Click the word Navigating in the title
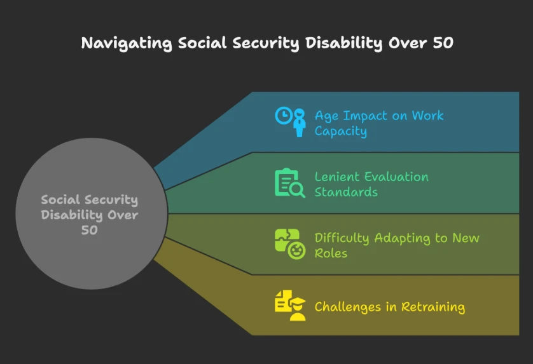click(127, 43)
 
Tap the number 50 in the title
click(443, 43)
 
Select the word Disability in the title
click(343, 43)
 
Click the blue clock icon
click(284, 116)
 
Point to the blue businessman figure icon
click(300, 123)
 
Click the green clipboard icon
click(286, 182)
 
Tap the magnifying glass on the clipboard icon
click(297, 189)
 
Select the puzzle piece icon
click(287, 239)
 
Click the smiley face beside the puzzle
click(297, 251)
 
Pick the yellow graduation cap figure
click(298, 309)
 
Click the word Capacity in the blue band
click(341, 131)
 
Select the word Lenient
click(337, 177)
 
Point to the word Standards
click(346, 192)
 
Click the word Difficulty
click(342, 238)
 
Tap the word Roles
click(331, 253)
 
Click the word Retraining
click(433, 307)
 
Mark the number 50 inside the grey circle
click(90, 230)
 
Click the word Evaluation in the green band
click(397, 177)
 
